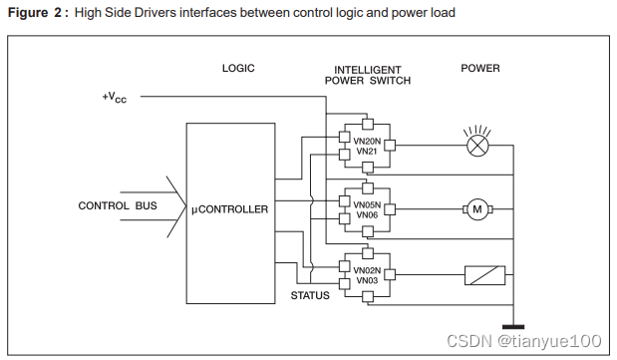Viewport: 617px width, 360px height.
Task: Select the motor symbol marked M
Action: pos(476,208)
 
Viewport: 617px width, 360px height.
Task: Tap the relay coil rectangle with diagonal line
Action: pos(485,274)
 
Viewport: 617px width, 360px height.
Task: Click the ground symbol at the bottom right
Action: pos(514,325)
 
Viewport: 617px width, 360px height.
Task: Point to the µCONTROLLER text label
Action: pos(229,209)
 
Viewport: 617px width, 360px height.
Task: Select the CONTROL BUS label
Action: pos(118,206)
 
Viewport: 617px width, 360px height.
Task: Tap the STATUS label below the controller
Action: pos(310,296)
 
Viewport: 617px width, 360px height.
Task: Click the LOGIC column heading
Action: pos(238,69)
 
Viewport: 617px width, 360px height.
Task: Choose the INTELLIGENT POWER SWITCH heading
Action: pos(368,75)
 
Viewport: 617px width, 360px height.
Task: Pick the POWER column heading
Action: pos(479,69)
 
